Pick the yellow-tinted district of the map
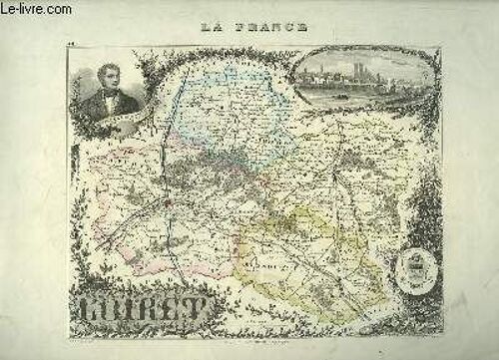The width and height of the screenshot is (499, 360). click(x=299, y=249)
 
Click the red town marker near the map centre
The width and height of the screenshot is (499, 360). click(x=170, y=203)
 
